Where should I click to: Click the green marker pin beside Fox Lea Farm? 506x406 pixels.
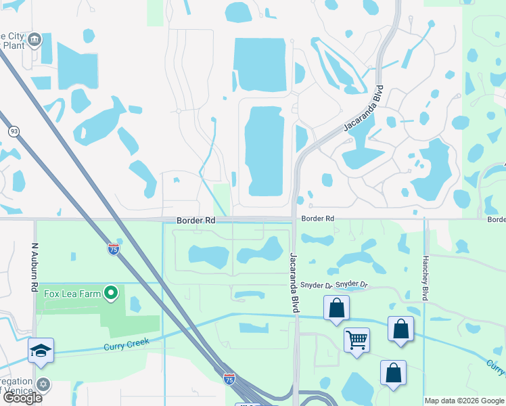point(112,293)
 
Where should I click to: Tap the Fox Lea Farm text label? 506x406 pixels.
point(72,294)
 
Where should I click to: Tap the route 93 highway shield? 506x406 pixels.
point(13,131)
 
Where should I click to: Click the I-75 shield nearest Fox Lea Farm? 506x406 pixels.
point(114,249)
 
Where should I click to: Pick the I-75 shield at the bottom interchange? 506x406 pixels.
point(229,379)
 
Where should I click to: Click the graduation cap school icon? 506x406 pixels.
point(41,350)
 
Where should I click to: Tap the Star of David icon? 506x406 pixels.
point(44,384)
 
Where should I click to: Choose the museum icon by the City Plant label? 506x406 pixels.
point(35,39)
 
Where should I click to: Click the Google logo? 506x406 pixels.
point(22,398)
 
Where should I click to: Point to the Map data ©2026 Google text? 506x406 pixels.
point(464,401)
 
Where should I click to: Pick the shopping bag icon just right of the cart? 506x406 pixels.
point(401,329)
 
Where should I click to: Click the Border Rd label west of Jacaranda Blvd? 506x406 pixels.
point(195,221)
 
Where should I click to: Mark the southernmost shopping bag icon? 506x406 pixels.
point(393,373)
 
